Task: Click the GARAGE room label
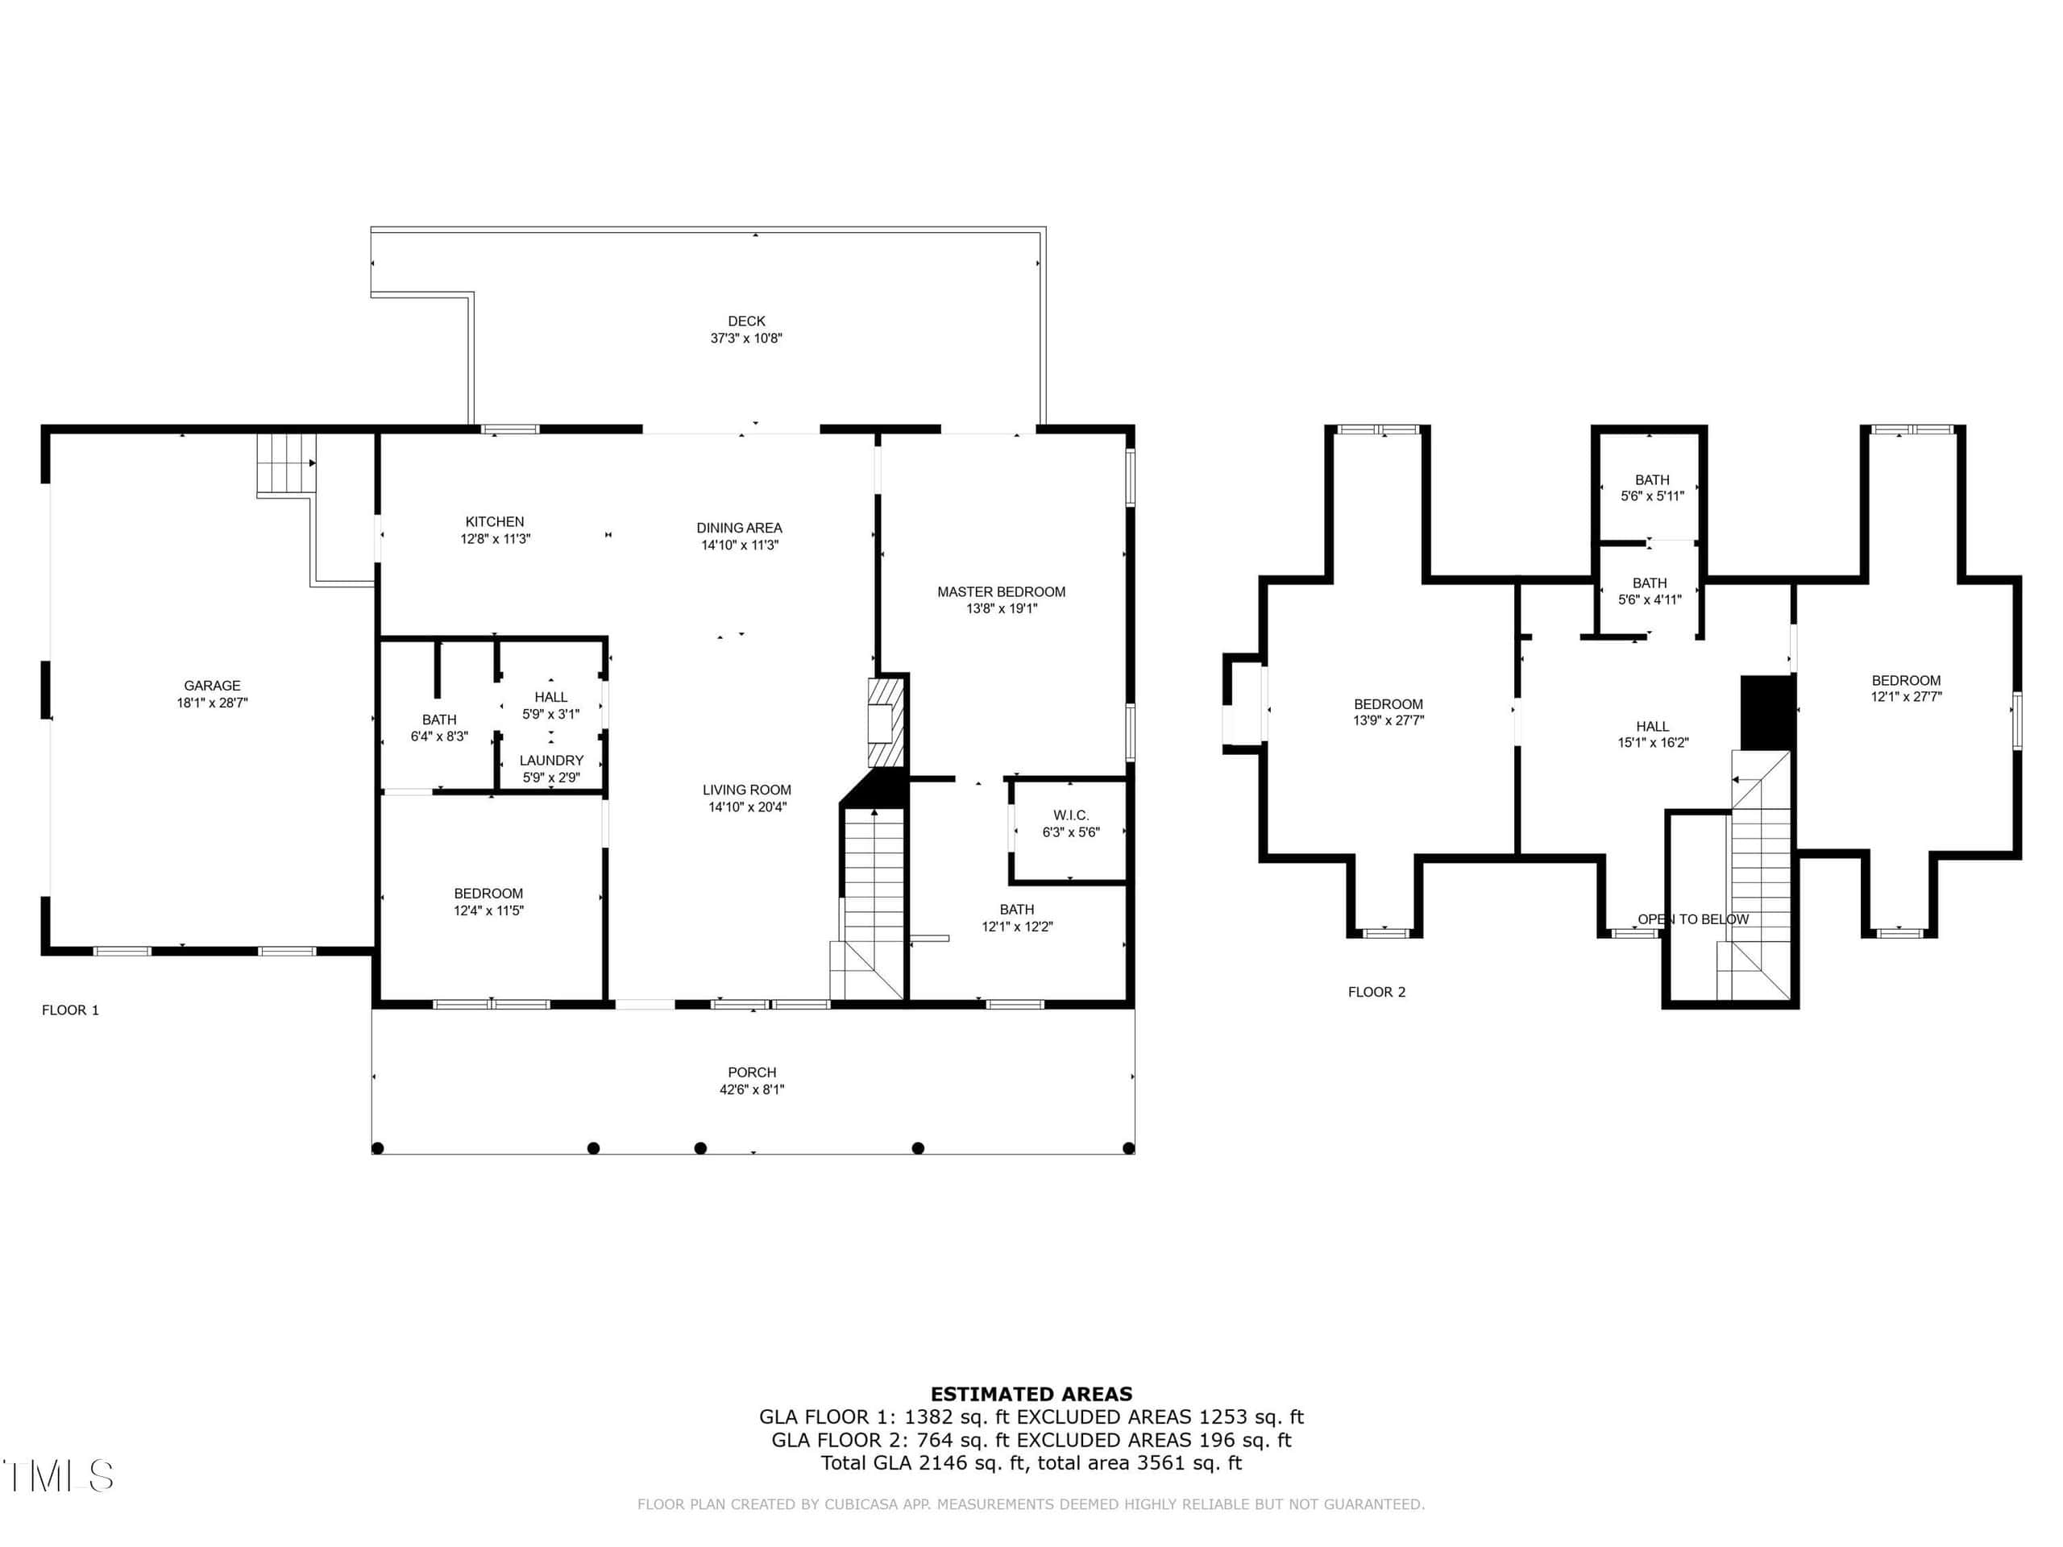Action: [212, 686]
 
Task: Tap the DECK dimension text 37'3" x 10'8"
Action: [746, 338]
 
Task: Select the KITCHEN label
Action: [494, 522]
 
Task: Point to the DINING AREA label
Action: [740, 528]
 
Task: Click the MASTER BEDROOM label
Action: [1001, 592]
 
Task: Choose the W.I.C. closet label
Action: [1071, 816]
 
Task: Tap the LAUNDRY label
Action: [551, 761]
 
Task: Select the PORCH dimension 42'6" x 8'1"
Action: [752, 1089]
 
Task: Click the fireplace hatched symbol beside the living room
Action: [886, 723]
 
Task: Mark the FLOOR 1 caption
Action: [70, 1010]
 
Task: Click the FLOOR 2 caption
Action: [1376, 992]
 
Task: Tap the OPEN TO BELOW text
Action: [1693, 919]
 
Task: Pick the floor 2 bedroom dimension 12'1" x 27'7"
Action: [1907, 697]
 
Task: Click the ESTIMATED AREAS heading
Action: [1031, 1394]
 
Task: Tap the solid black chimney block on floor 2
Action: [1768, 712]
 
